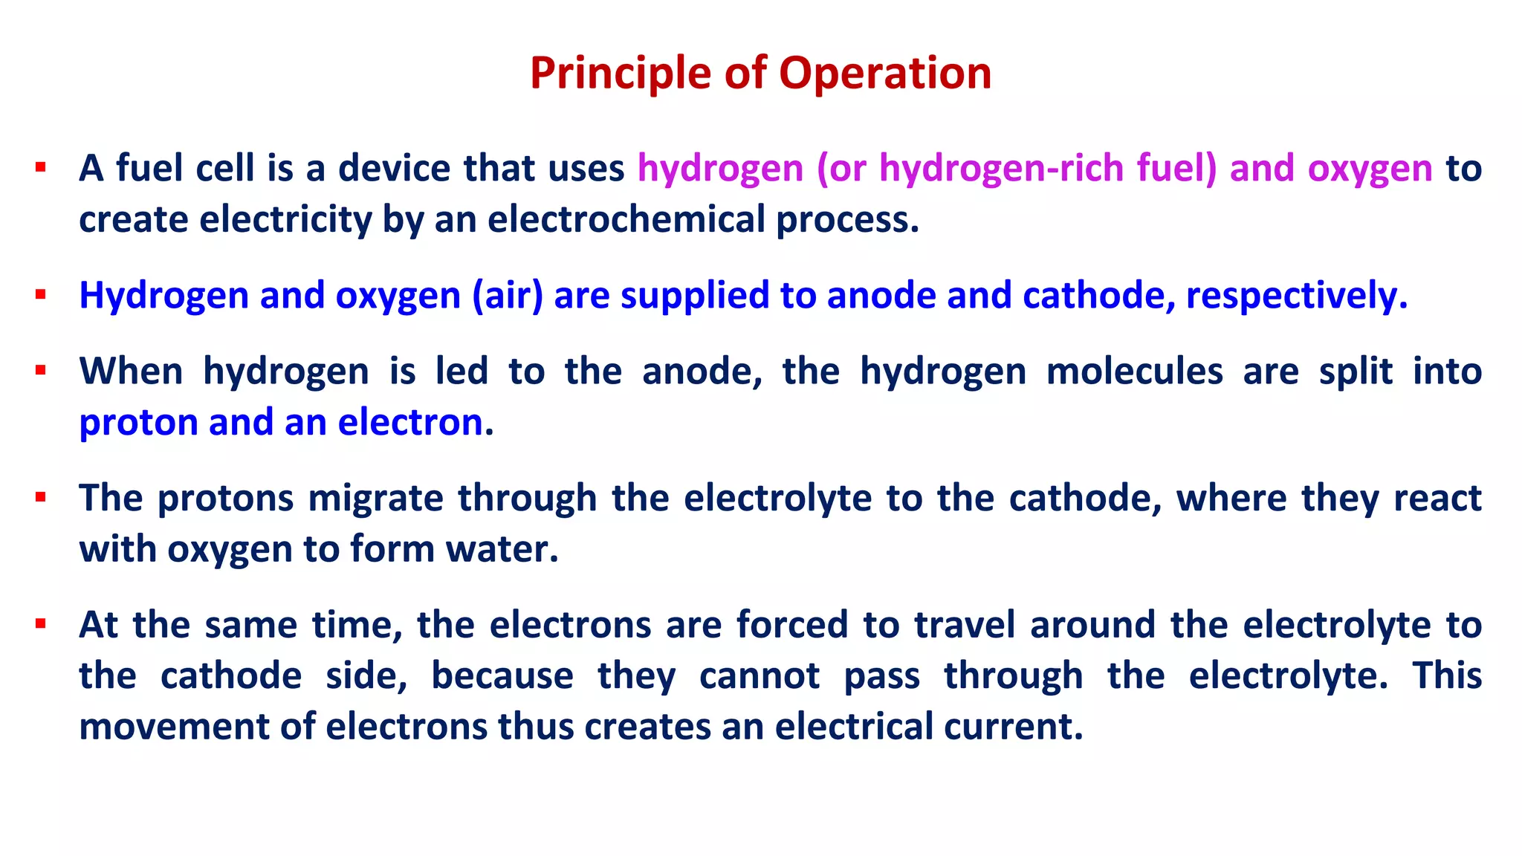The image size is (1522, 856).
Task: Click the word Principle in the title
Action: [620, 74]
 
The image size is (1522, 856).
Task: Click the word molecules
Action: [1134, 371]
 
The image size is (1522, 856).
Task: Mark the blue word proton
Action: [138, 422]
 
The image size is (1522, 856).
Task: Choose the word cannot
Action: [760, 675]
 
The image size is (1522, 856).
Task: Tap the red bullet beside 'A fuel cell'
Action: [41, 166]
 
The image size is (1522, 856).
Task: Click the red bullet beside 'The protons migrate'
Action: [41, 496]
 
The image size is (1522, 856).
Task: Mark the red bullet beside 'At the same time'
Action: [41, 623]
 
